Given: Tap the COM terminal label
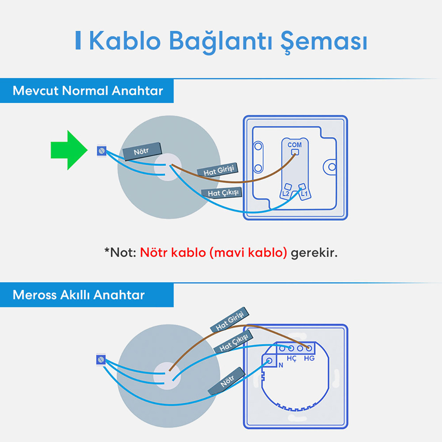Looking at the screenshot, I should tap(295, 145).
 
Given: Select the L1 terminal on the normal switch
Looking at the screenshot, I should tap(304, 193).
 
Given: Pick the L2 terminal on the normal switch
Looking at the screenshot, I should tap(286, 193).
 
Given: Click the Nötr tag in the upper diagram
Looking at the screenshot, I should tap(141, 151).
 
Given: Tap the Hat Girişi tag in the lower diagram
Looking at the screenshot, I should tap(229, 320).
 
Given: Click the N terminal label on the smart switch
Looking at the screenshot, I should tap(281, 365).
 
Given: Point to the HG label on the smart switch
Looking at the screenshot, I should tap(309, 358).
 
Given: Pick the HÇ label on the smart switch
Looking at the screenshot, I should tap(291, 358).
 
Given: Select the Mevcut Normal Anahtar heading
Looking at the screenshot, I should tap(88, 91).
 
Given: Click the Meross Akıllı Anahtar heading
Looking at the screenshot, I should tap(79, 295).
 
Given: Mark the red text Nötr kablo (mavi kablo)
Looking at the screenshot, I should tap(213, 253).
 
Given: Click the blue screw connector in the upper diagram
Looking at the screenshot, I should tap(102, 151).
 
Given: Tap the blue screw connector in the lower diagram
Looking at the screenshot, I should tap(101, 360).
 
